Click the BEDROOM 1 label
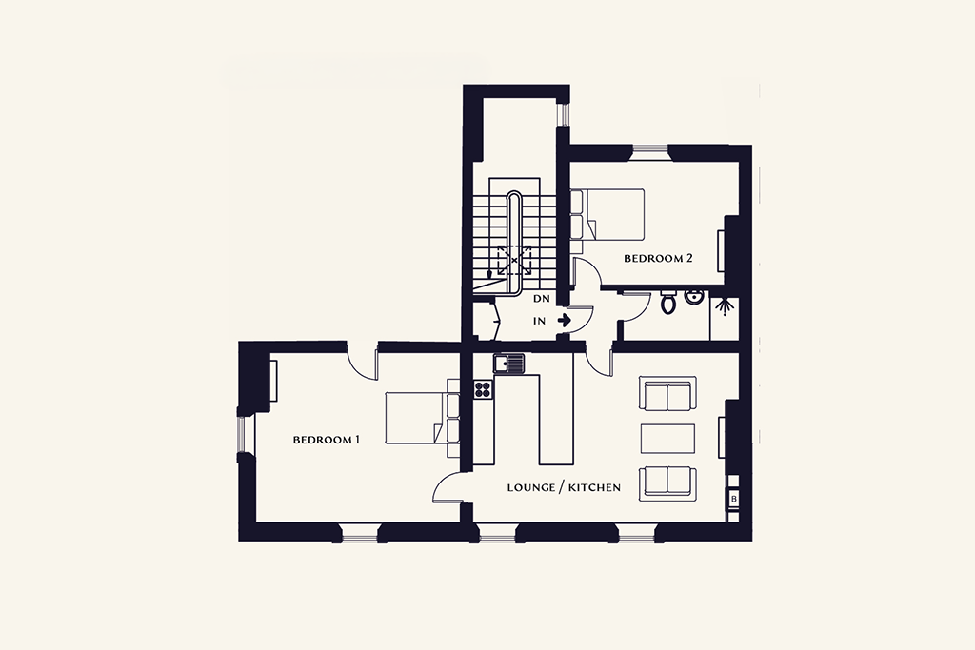pyautogui.click(x=327, y=440)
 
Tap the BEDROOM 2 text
pyautogui.click(x=658, y=259)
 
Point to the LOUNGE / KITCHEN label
pyautogui.click(x=564, y=487)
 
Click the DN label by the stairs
pyautogui.click(x=542, y=299)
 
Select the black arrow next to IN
pyautogui.click(x=565, y=321)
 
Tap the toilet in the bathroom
pyautogui.click(x=668, y=303)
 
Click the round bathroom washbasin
pyautogui.click(x=693, y=298)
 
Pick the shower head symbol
pyautogui.click(x=724, y=305)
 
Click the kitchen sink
pyautogui.click(x=508, y=364)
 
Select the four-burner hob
pyautogui.click(x=483, y=389)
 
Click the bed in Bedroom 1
pyautogui.click(x=422, y=418)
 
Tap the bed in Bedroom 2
pyautogui.click(x=607, y=214)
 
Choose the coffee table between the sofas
pyautogui.click(x=667, y=439)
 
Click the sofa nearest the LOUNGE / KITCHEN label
pyautogui.click(x=667, y=482)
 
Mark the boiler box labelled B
pyautogui.click(x=734, y=499)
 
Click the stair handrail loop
pyautogui.click(x=514, y=243)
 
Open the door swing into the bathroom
pyautogui.click(x=635, y=308)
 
